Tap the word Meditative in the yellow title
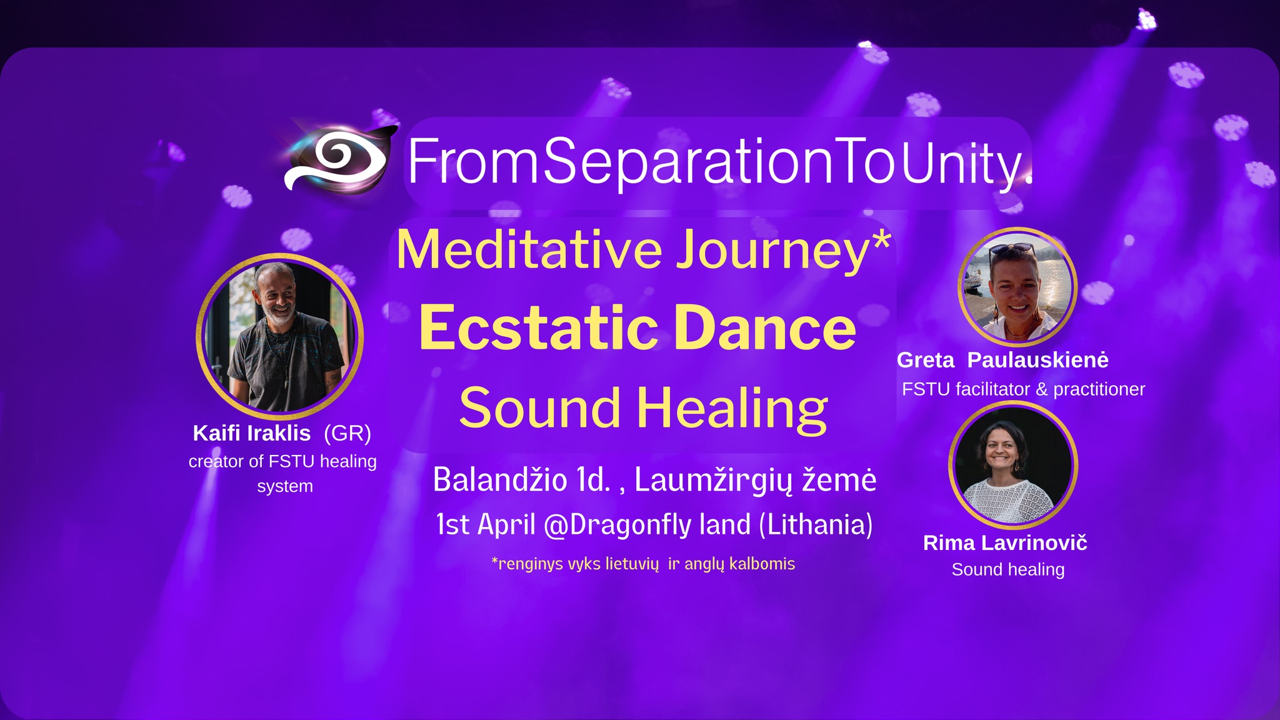coord(529,249)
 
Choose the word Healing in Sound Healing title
coord(732,409)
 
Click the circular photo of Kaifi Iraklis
coord(279,337)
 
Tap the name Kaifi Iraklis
coord(252,433)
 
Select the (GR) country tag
coord(347,433)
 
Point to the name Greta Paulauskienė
coord(1002,360)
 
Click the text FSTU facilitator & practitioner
coord(1023,389)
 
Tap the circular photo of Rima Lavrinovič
coord(1013,466)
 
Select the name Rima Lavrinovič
coord(1005,542)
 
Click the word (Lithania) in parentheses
coord(816,524)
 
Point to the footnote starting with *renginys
coord(643,564)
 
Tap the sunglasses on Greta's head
coord(1011,250)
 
